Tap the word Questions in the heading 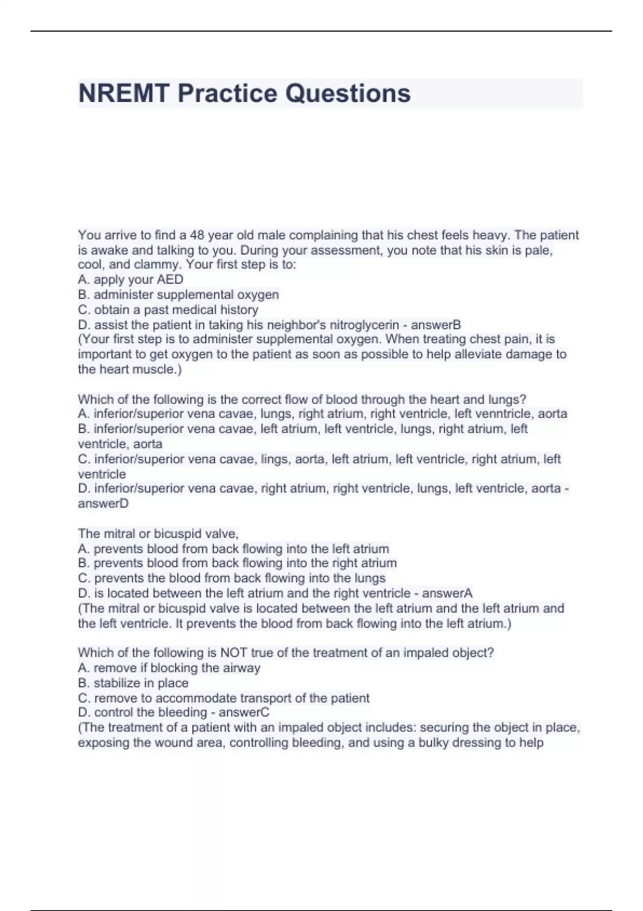pos(348,93)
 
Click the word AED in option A pos(170,280)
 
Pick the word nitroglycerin pos(364,325)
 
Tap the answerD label pos(103,504)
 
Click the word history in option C pos(240,310)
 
